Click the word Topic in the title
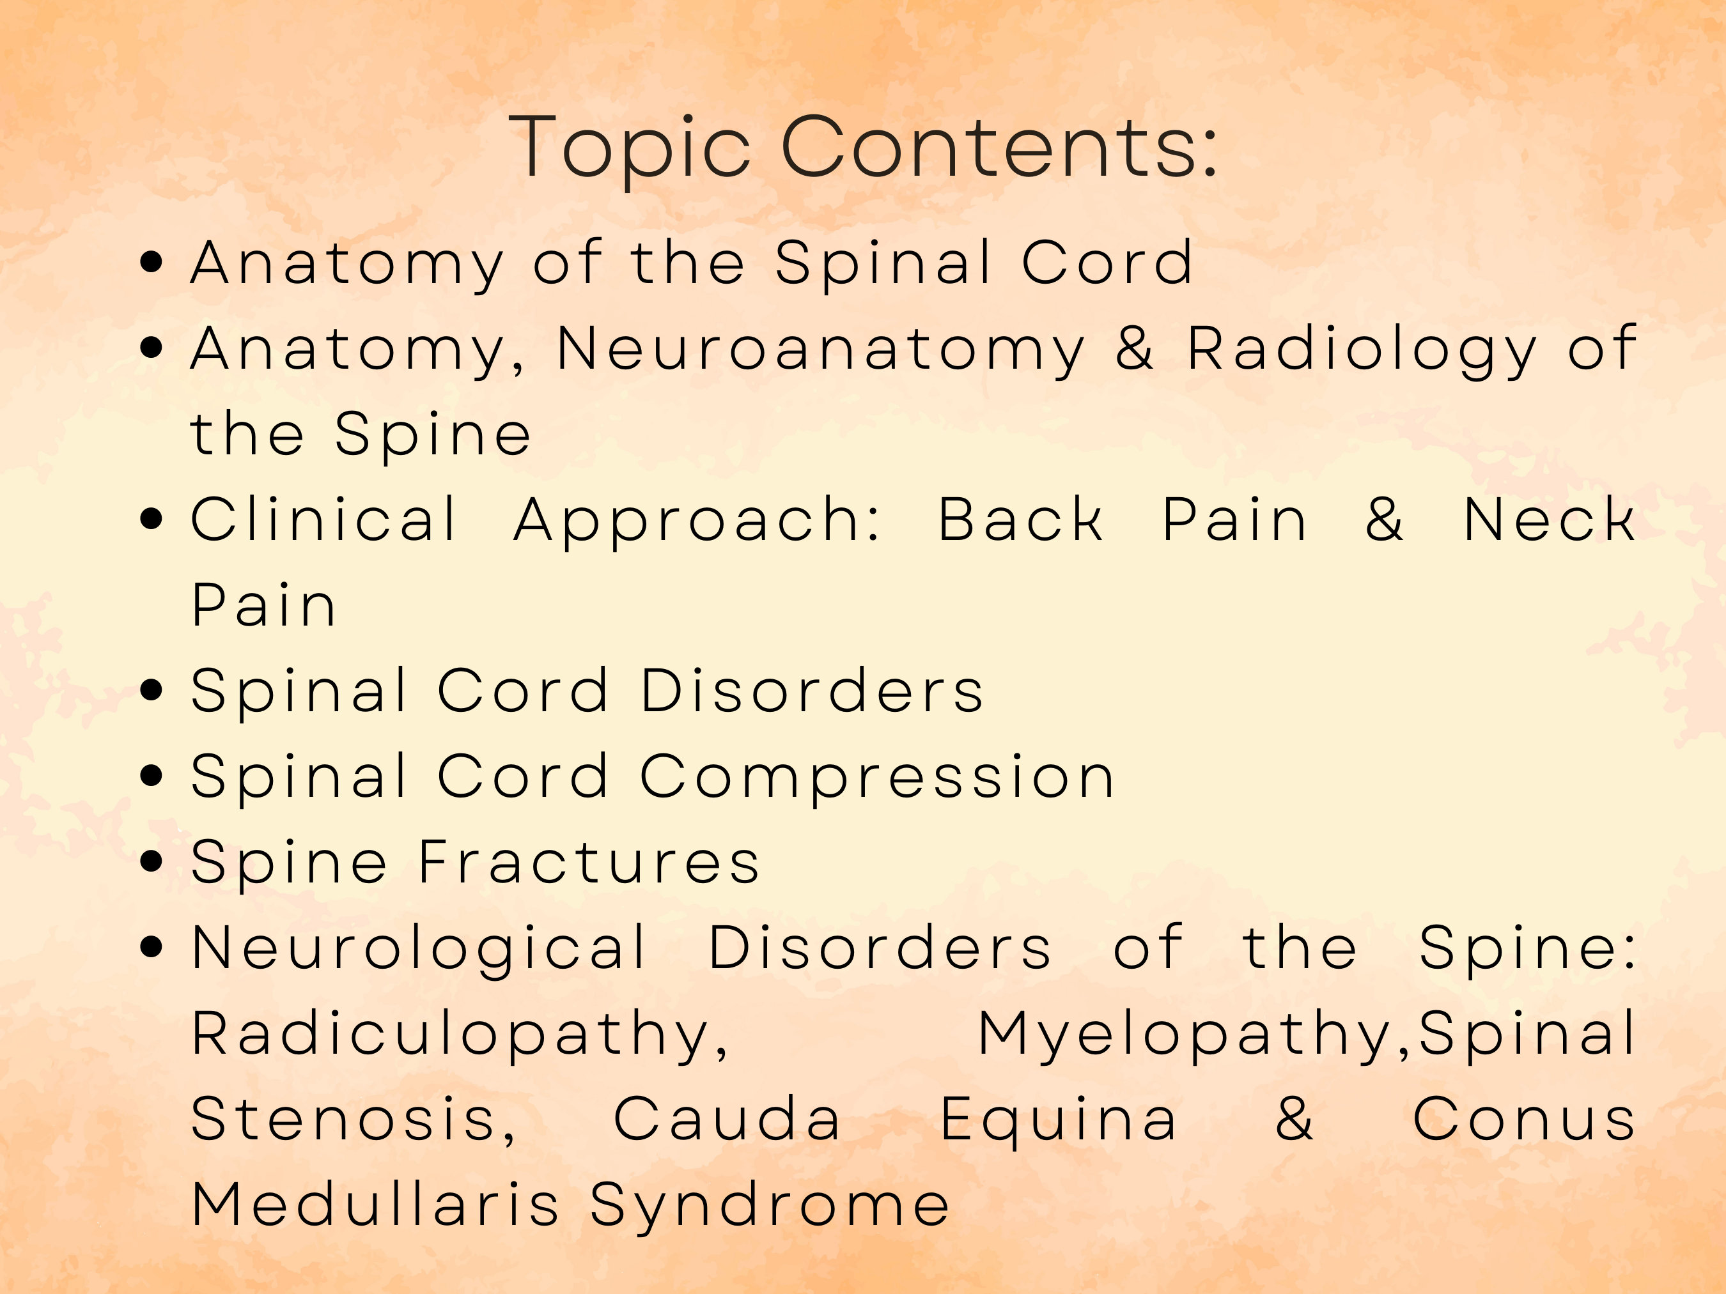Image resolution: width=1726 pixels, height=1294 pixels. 629,148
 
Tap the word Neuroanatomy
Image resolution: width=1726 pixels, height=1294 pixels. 820,349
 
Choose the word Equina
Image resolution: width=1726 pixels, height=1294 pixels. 1058,1121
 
